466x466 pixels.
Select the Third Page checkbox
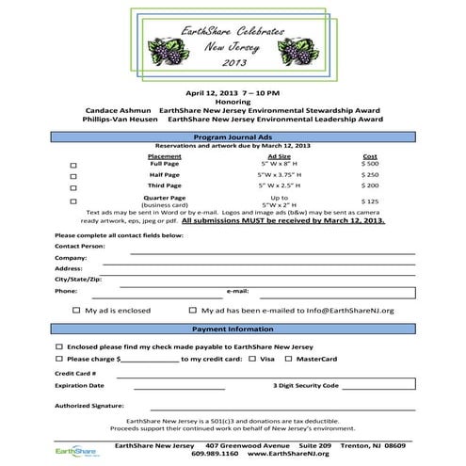tap(74, 188)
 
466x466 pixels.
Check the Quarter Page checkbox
tap(74, 201)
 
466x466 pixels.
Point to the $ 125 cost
tap(369, 201)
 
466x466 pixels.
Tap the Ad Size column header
tap(279, 155)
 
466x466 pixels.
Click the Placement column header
tap(164, 155)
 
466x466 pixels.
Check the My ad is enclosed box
tap(76, 310)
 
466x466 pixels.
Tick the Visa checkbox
tap(252, 360)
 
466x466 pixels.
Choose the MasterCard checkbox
tap(288, 360)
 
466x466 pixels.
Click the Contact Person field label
tap(79, 246)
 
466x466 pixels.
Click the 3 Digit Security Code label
tap(305, 385)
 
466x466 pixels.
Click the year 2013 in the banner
tap(233, 63)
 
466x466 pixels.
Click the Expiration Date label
tap(78, 385)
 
